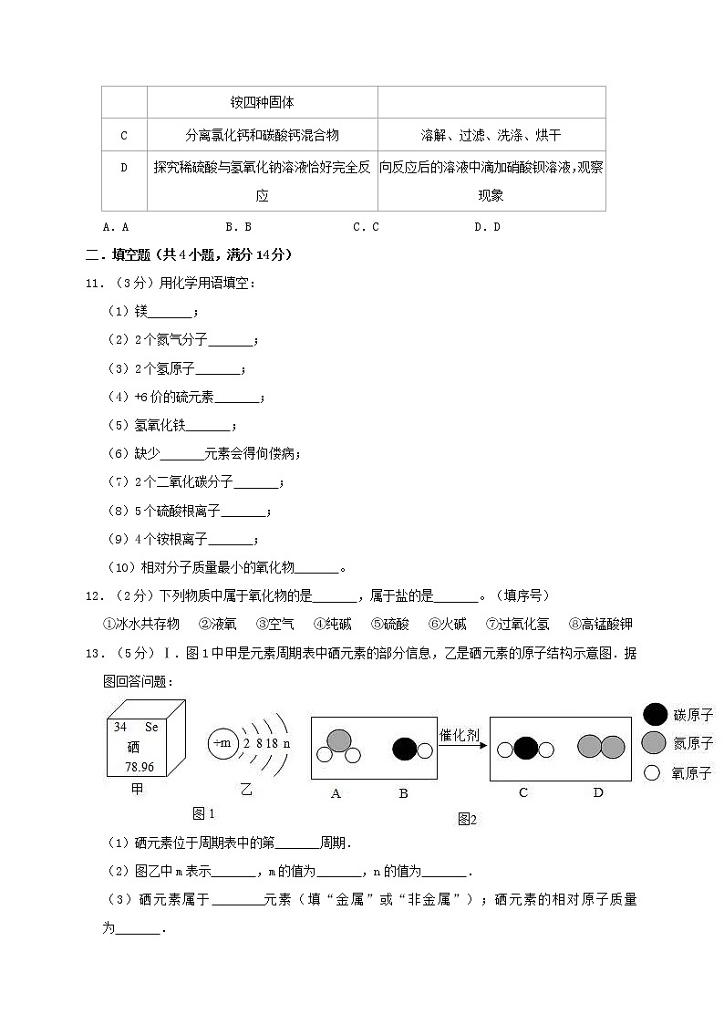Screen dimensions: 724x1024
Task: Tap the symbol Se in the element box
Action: (x=151, y=727)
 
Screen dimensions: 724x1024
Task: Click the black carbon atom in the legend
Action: (x=654, y=715)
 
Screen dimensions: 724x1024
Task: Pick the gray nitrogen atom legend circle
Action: (x=654, y=743)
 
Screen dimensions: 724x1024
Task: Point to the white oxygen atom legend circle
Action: (x=652, y=772)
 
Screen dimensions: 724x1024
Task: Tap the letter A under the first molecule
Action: (x=336, y=793)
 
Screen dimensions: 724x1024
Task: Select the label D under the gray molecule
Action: (x=598, y=792)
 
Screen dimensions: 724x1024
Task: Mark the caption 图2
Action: (x=468, y=819)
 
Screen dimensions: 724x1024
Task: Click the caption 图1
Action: (x=203, y=813)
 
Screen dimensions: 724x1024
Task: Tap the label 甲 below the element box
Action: (x=138, y=790)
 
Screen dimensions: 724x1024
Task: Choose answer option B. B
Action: (x=238, y=227)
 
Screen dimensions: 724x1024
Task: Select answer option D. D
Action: (x=487, y=227)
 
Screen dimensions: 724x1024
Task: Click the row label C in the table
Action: (x=124, y=136)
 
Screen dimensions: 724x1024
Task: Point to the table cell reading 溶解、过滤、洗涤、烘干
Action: (x=491, y=136)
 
